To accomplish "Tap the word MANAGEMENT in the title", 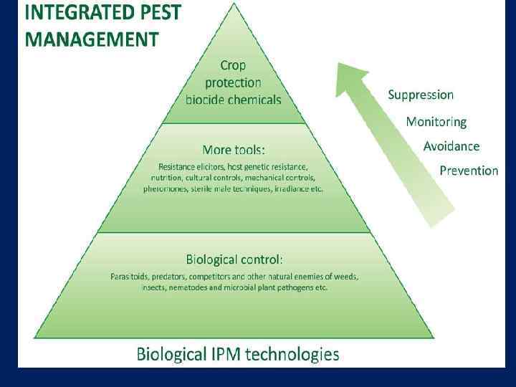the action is click(92, 39).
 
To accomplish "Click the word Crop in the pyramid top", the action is click(233, 65).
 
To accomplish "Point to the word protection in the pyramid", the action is click(233, 82).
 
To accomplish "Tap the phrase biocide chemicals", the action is click(234, 100).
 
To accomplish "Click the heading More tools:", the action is click(234, 150).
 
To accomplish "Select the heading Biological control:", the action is click(234, 259).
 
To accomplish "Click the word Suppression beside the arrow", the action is click(421, 95).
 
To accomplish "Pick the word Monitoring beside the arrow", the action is click(436, 122).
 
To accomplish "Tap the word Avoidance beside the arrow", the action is click(451, 146).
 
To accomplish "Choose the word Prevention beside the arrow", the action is click(469, 171).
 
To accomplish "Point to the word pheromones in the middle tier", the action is click(166, 189).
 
